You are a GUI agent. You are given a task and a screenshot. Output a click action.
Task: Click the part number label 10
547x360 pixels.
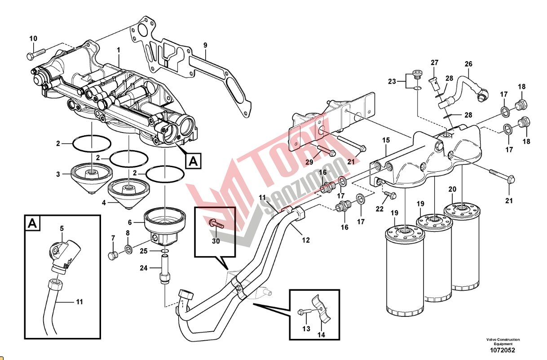[x=33, y=38]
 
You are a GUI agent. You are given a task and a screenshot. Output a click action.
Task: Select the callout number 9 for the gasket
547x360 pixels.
[x=205, y=45]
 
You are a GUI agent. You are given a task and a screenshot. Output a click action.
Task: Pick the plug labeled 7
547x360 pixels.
[x=112, y=255]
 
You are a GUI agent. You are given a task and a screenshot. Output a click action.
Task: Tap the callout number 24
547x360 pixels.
[x=143, y=269]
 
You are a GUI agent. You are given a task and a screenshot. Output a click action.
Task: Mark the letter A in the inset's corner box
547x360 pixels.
[x=32, y=223]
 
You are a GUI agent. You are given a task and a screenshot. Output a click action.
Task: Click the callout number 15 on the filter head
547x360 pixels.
[x=386, y=141]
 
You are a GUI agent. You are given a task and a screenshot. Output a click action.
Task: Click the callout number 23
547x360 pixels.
[x=392, y=81]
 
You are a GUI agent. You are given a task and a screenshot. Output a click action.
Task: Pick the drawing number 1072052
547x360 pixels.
[x=503, y=350]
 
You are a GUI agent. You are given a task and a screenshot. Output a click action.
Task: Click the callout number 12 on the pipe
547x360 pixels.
[x=306, y=240]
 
